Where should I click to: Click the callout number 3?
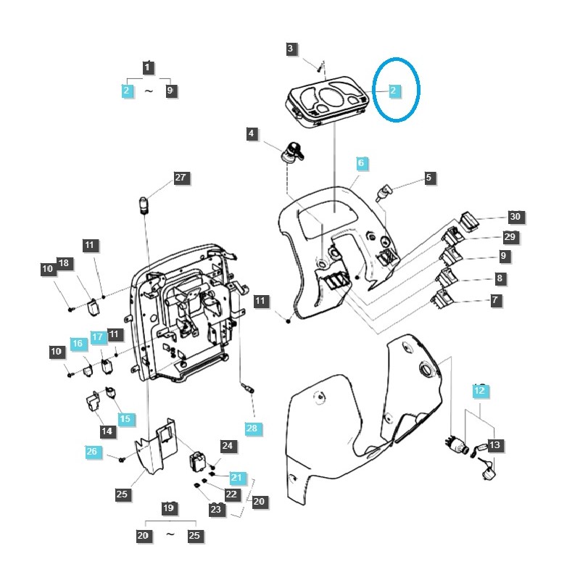(x=291, y=49)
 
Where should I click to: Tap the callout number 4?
(x=252, y=133)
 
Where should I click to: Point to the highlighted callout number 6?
(x=362, y=163)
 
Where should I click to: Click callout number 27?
(x=181, y=178)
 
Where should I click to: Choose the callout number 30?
(x=515, y=217)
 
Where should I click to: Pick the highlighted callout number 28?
(x=252, y=428)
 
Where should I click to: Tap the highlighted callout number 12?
(x=480, y=391)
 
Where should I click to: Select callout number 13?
(x=495, y=445)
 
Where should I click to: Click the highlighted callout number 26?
(x=93, y=452)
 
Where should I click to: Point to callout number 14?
(x=107, y=431)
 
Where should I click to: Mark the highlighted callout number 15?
(x=126, y=419)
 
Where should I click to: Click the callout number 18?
(x=65, y=263)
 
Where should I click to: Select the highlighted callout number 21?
(x=237, y=478)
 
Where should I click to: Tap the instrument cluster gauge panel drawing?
(x=328, y=101)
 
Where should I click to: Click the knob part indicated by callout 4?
(x=292, y=152)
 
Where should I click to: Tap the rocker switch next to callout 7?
(x=443, y=299)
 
